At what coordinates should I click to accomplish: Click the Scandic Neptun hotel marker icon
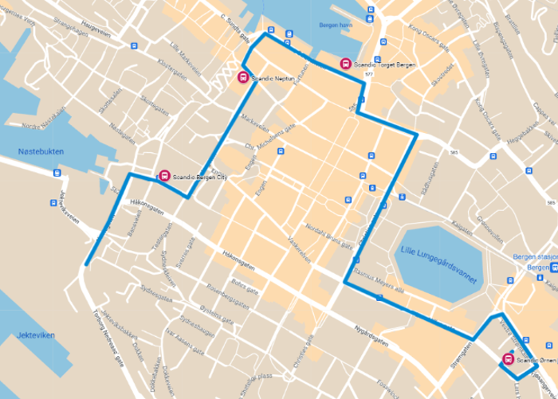(x=242, y=77)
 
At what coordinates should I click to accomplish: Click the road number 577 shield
(x=367, y=74)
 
